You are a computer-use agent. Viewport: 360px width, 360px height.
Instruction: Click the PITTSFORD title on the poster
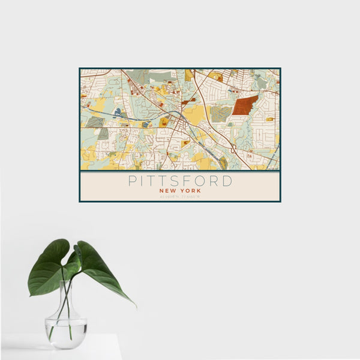pyautogui.click(x=179, y=181)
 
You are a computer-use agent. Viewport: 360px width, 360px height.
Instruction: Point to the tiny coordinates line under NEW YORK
pyautogui.click(x=179, y=196)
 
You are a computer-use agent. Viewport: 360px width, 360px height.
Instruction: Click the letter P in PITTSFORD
pyautogui.click(x=131, y=181)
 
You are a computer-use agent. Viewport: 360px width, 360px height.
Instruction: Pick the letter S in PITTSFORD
pyautogui.click(x=179, y=181)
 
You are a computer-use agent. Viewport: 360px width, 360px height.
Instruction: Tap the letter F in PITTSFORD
pyautogui.click(x=191, y=181)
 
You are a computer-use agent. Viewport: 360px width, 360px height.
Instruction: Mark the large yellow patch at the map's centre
pyautogui.click(x=195, y=114)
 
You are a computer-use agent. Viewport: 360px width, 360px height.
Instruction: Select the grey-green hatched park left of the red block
pyautogui.click(x=220, y=113)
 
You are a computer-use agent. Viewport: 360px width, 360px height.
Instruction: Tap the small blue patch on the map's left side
pyautogui.click(x=118, y=112)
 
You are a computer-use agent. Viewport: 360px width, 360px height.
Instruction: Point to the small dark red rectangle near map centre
pyautogui.click(x=185, y=102)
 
